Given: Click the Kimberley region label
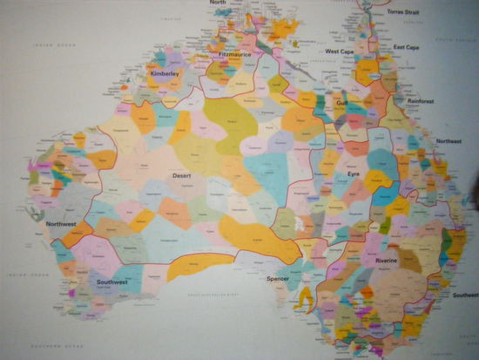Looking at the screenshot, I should tap(165, 74).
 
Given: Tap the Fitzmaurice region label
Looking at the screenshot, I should tap(234, 54).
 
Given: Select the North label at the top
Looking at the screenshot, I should tap(218, 3).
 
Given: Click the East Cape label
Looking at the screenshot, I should tap(405, 47).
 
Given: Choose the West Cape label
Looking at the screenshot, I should tap(339, 51).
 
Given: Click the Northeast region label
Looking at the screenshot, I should tap(449, 140).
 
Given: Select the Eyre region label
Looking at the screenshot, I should tap(353, 174).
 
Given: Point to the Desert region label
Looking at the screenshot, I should tap(181, 176).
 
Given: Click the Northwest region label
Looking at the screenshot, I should tap(61, 224).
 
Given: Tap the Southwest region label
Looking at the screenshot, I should tap(112, 282).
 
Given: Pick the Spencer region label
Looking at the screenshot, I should tap(279, 279).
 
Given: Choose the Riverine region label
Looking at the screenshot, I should tap(386, 261).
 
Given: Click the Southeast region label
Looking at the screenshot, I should tap(465, 295).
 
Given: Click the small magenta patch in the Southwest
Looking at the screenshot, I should tap(71, 293).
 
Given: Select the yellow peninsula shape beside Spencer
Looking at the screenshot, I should tap(305, 299).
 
